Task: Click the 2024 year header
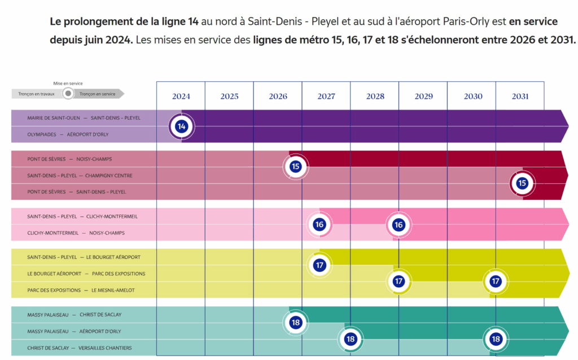click(x=181, y=96)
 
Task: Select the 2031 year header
click(x=520, y=96)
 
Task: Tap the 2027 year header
click(x=326, y=96)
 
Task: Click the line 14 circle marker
click(x=181, y=126)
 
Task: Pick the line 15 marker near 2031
click(x=522, y=183)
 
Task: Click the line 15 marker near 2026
click(x=296, y=166)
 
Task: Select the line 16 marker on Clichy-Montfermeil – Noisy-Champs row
click(x=399, y=225)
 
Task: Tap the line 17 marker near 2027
click(x=319, y=265)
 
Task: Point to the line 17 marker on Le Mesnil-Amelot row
click(x=496, y=281)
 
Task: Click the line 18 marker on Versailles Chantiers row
click(x=496, y=339)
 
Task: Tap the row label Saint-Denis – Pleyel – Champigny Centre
click(x=80, y=175)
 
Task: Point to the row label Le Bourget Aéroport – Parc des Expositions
click(x=86, y=274)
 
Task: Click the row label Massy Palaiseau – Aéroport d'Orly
click(x=74, y=331)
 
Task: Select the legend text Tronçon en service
click(x=98, y=94)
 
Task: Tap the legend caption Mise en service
click(x=68, y=84)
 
